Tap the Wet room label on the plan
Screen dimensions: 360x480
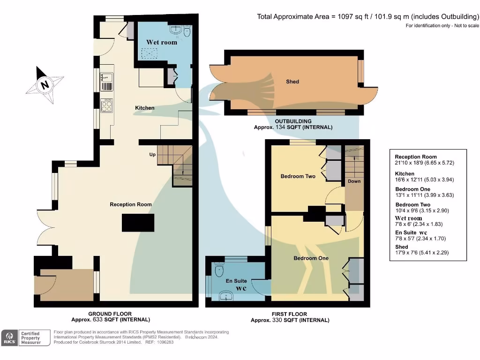(162, 42)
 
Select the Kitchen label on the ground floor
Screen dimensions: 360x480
(144, 108)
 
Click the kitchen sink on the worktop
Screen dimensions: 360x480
(106, 81)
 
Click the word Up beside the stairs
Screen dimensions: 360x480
(152, 154)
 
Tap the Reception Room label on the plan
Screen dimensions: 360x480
(131, 204)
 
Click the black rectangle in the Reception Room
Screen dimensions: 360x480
(138, 223)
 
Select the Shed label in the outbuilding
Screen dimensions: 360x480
(292, 82)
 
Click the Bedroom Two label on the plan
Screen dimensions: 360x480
(298, 176)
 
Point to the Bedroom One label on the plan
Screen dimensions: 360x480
(311, 258)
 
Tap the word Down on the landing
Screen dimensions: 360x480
(354, 181)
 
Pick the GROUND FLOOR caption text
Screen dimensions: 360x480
(110, 314)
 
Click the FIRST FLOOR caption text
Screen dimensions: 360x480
(290, 314)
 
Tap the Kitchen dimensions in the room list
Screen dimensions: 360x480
(424, 180)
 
